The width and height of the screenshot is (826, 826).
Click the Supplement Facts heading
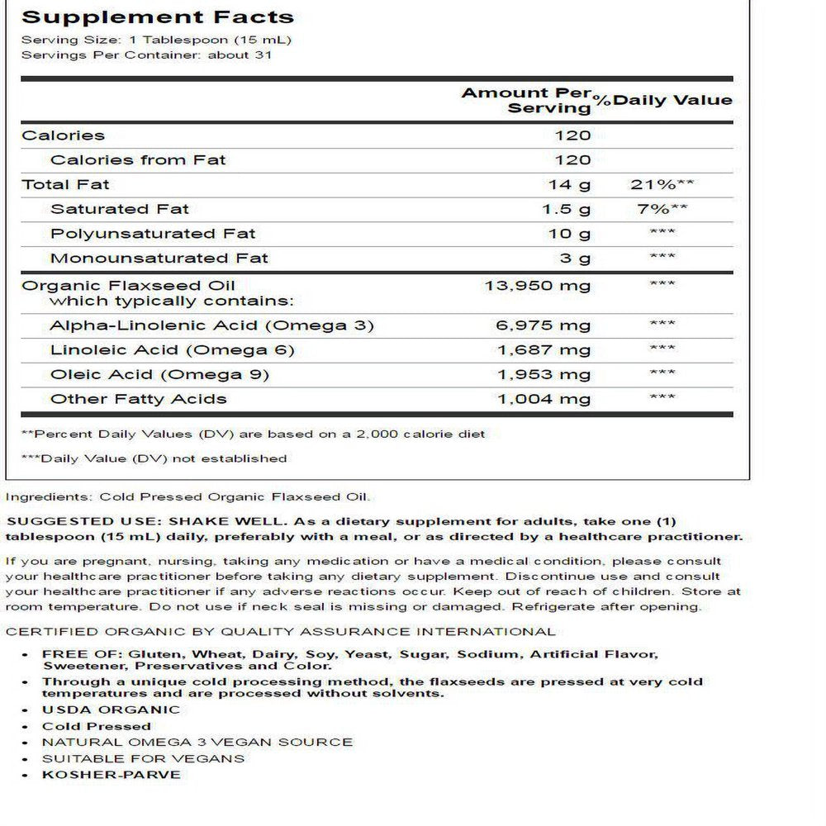157,17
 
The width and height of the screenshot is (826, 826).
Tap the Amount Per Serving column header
527,100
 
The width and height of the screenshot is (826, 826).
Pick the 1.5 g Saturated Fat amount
566,209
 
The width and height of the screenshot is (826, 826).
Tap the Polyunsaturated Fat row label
153,234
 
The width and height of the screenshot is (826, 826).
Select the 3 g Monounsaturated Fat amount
576,259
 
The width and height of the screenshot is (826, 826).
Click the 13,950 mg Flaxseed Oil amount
537,286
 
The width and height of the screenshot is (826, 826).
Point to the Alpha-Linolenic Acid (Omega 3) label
212,325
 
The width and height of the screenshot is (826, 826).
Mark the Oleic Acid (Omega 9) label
159,375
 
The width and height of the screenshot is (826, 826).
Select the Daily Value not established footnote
154,458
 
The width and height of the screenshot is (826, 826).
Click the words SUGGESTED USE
83,522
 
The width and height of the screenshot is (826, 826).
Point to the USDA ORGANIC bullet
111,710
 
